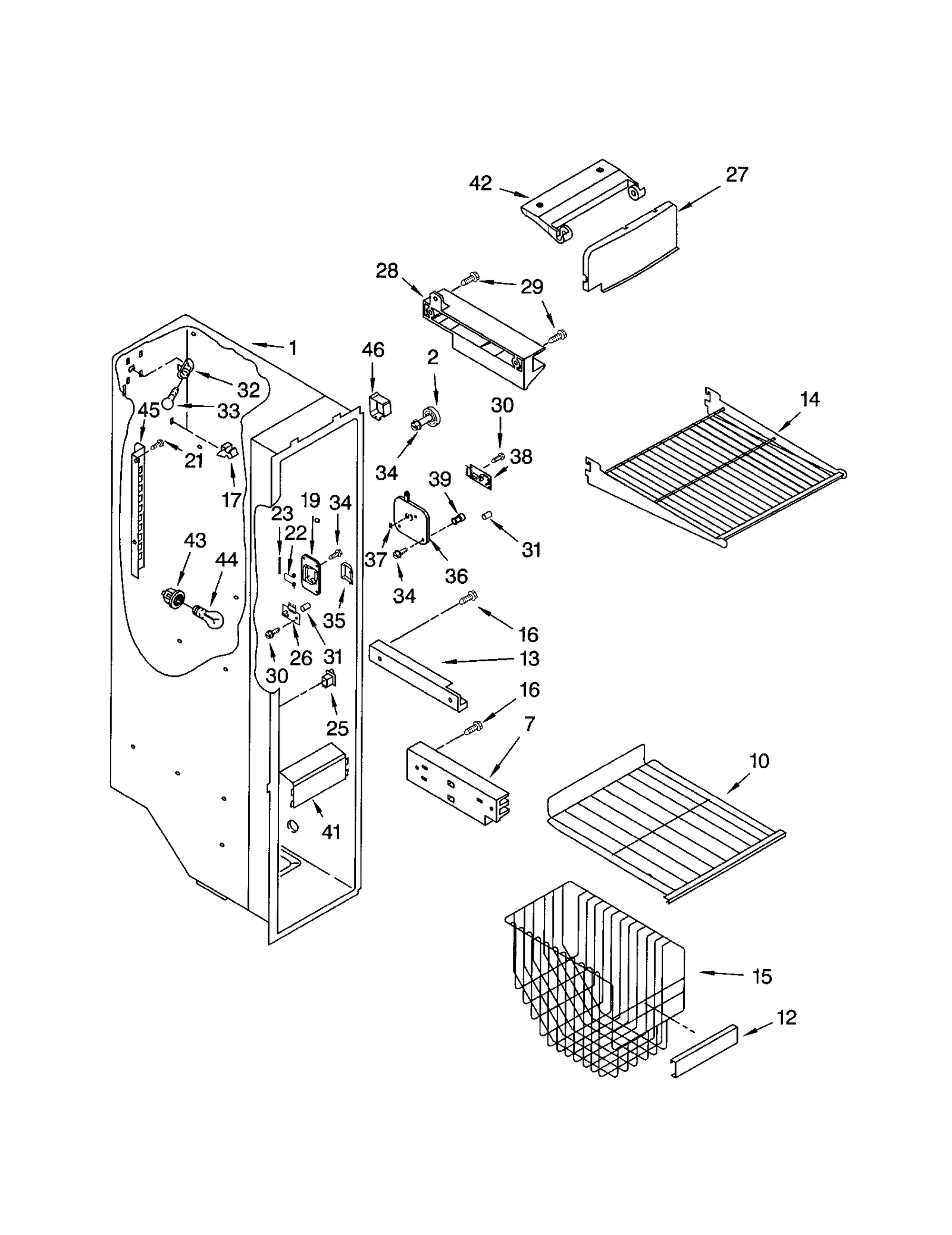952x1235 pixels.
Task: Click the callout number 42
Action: [480, 183]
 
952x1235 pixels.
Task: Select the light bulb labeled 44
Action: [209, 616]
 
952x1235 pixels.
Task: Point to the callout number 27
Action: [736, 174]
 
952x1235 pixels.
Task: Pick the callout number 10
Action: [759, 761]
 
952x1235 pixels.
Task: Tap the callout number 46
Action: [373, 349]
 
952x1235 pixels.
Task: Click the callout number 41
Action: [331, 831]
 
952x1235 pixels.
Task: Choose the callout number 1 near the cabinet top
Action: [292, 348]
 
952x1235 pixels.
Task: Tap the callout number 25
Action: [337, 728]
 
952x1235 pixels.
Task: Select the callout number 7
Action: [529, 724]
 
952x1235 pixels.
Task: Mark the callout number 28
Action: [387, 271]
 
